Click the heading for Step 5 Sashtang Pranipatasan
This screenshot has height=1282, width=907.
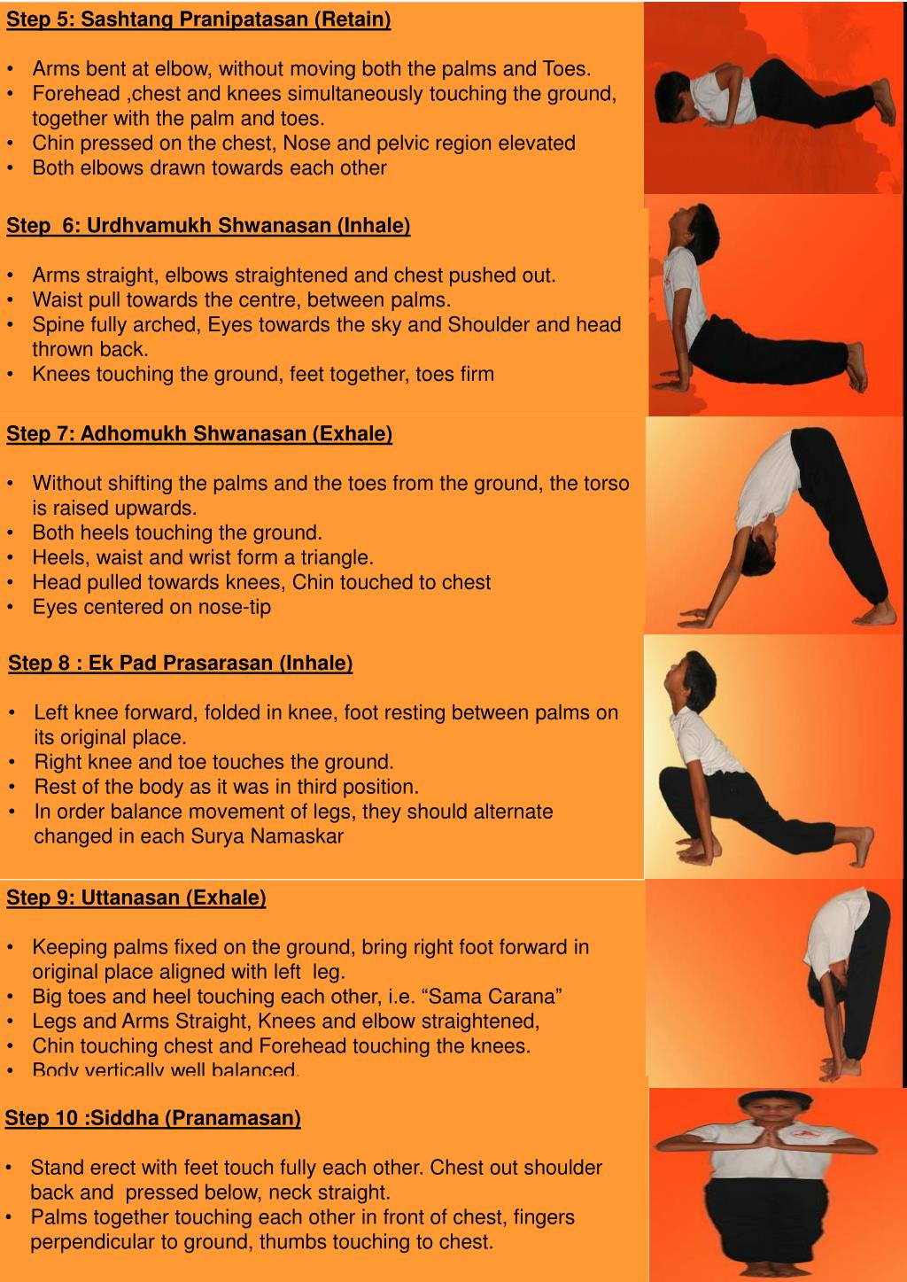(x=198, y=19)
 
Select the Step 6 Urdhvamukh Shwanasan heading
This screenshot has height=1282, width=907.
(x=208, y=225)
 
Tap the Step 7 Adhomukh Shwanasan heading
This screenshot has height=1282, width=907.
(x=199, y=433)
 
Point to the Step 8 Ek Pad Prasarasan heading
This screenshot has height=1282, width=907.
(x=181, y=663)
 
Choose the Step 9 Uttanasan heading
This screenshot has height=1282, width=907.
(x=136, y=897)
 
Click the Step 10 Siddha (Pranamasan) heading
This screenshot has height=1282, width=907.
(x=153, y=1117)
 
